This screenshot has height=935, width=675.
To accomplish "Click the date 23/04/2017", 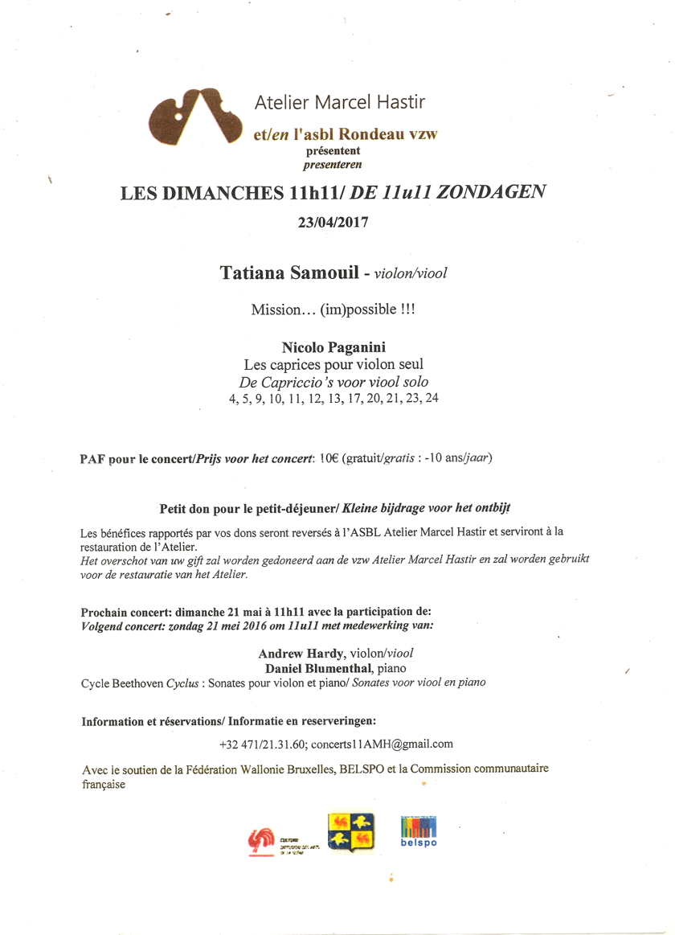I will (333, 223).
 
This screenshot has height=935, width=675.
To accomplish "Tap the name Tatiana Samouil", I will (290, 273).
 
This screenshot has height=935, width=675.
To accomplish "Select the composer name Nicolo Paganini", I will (333, 347).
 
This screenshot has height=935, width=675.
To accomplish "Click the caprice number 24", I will (432, 398).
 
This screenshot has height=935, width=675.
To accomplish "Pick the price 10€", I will (329, 458).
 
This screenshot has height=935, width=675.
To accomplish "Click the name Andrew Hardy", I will (293, 653).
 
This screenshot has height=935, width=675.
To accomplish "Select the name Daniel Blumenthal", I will (313, 668).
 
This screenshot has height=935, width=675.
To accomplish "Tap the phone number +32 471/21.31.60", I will (263, 744).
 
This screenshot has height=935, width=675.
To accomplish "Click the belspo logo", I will (419, 831).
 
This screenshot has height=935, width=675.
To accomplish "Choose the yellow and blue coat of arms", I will (350, 832).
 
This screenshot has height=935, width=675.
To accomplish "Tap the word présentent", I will (333, 151).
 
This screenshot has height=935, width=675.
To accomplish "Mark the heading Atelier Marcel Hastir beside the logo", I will (339, 102).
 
